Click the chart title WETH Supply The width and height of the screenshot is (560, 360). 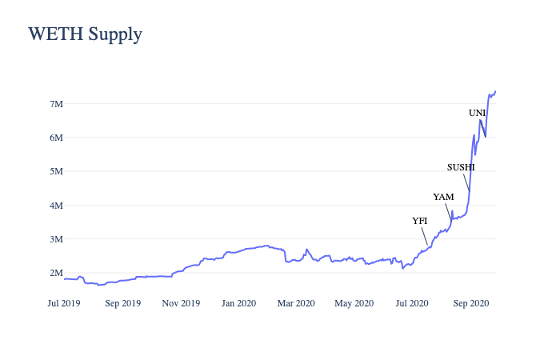(x=85, y=34)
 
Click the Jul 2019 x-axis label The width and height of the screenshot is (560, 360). (x=64, y=303)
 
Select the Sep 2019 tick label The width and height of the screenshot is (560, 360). (x=123, y=303)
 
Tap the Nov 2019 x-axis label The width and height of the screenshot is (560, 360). (x=181, y=303)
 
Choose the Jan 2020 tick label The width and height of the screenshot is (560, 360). (x=238, y=303)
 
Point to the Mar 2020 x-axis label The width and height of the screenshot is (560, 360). (x=296, y=303)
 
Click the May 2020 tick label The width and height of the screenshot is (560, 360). (x=354, y=303)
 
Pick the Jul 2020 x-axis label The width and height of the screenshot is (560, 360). (x=411, y=303)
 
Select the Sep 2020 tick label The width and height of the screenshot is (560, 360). (x=470, y=303)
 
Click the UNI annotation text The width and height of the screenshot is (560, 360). (x=477, y=113)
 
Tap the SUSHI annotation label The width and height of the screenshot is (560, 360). (x=461, y=167)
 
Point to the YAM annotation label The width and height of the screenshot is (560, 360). (x=443, y=196)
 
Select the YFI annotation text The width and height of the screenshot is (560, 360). (x=420, y=220)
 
